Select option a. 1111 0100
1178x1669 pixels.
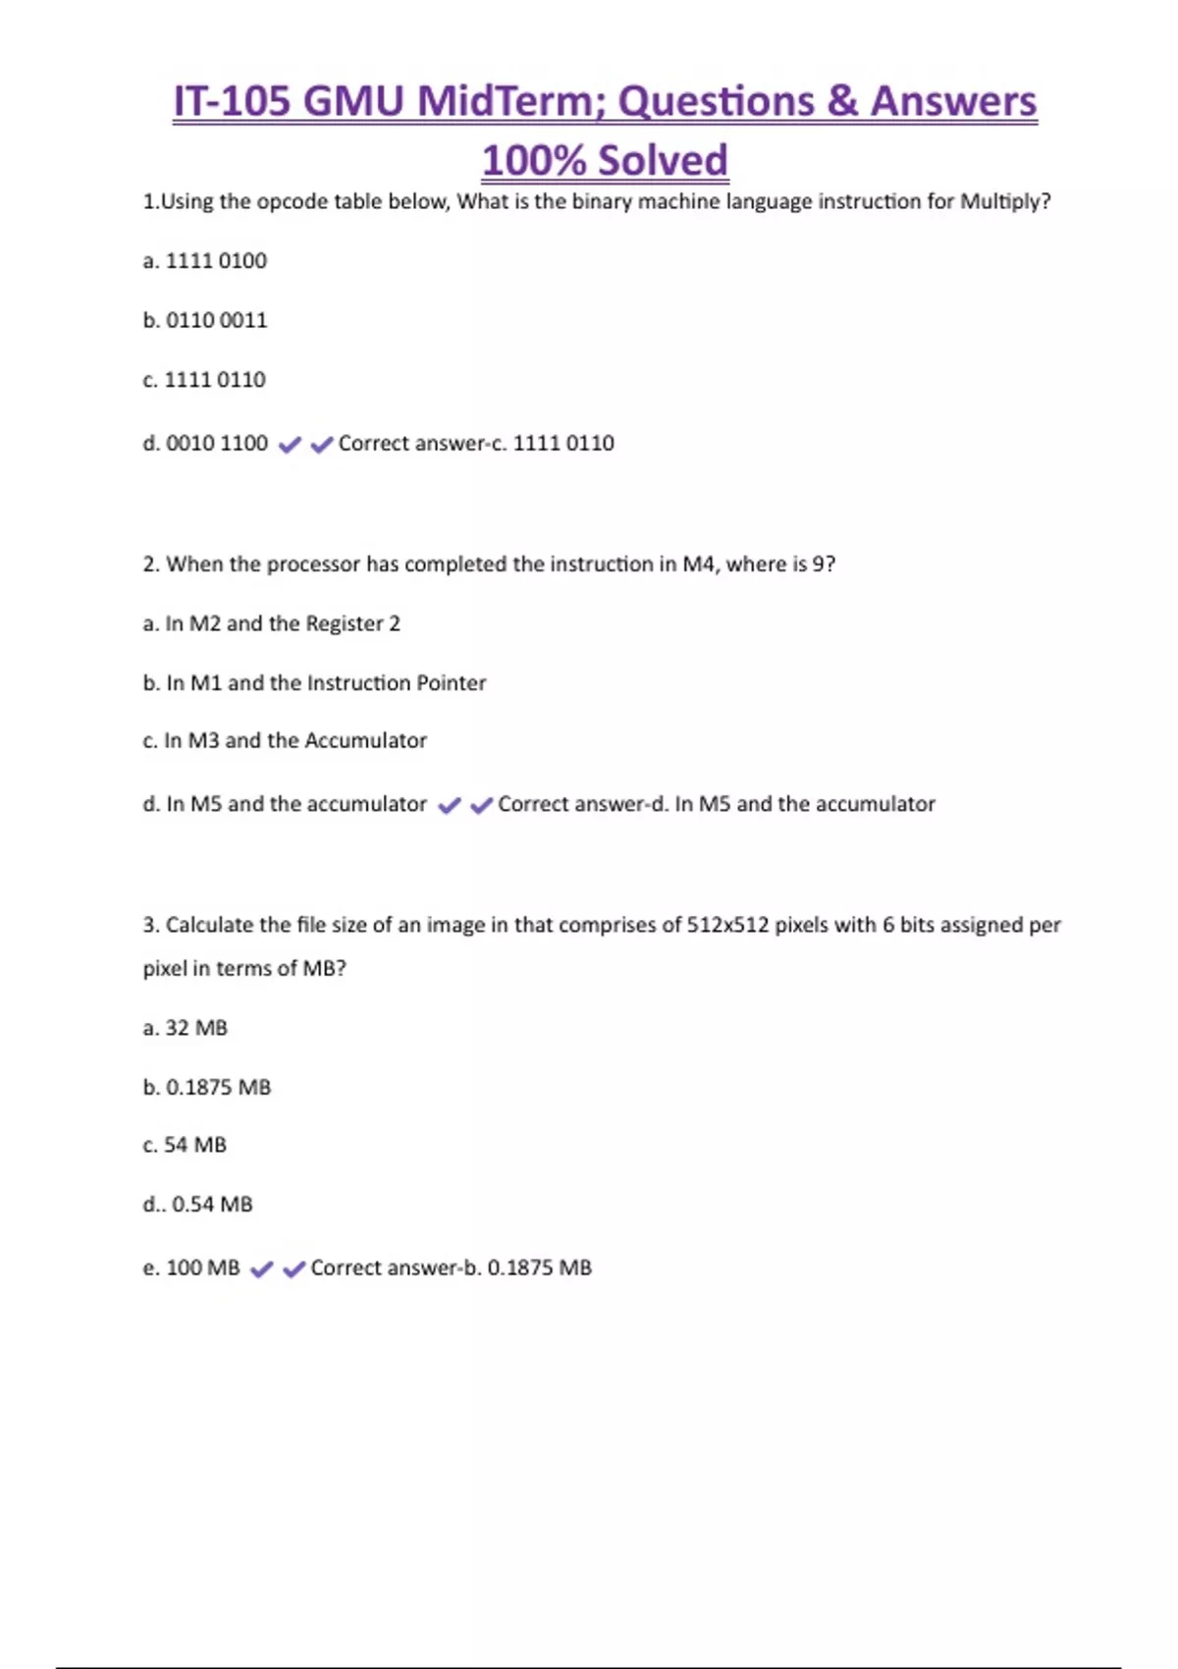pyautogui.click(x=204, y=261)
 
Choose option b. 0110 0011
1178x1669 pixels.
pyautogui.click(x=204, y=320)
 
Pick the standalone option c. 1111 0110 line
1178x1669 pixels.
pyautogui.click(x=204, y=380)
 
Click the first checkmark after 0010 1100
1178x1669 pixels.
pyautogui.click(x=290, y=445)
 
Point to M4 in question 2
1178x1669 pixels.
pyautogui.click(x=698, y=565)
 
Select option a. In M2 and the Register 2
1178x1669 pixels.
pyautogui.click(x=271, y=623)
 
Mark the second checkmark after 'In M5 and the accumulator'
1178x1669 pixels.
pyautogui.click(x=481, y=806)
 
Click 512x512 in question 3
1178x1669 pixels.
pyautogui.click(x=727, y=925)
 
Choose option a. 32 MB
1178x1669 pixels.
pyautogui.click(x=185, y=1028)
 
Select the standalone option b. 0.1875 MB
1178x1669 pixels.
pyautogui.click(x=206, y=1088)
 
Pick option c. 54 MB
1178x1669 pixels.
pyautogui.click(x=185, y=1146)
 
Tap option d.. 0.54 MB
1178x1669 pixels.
pyautogui.click(x=197, y=1205)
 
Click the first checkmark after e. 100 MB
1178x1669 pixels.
pyautogui.click(x=261, y=1269)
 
